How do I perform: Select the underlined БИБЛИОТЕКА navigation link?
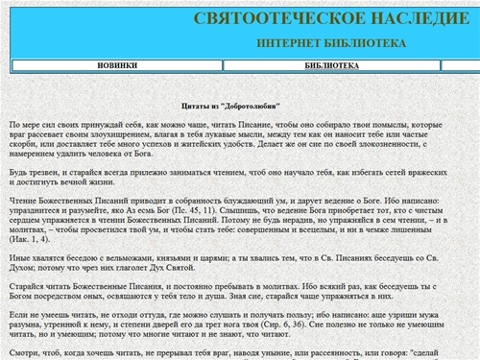point(332,65)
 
